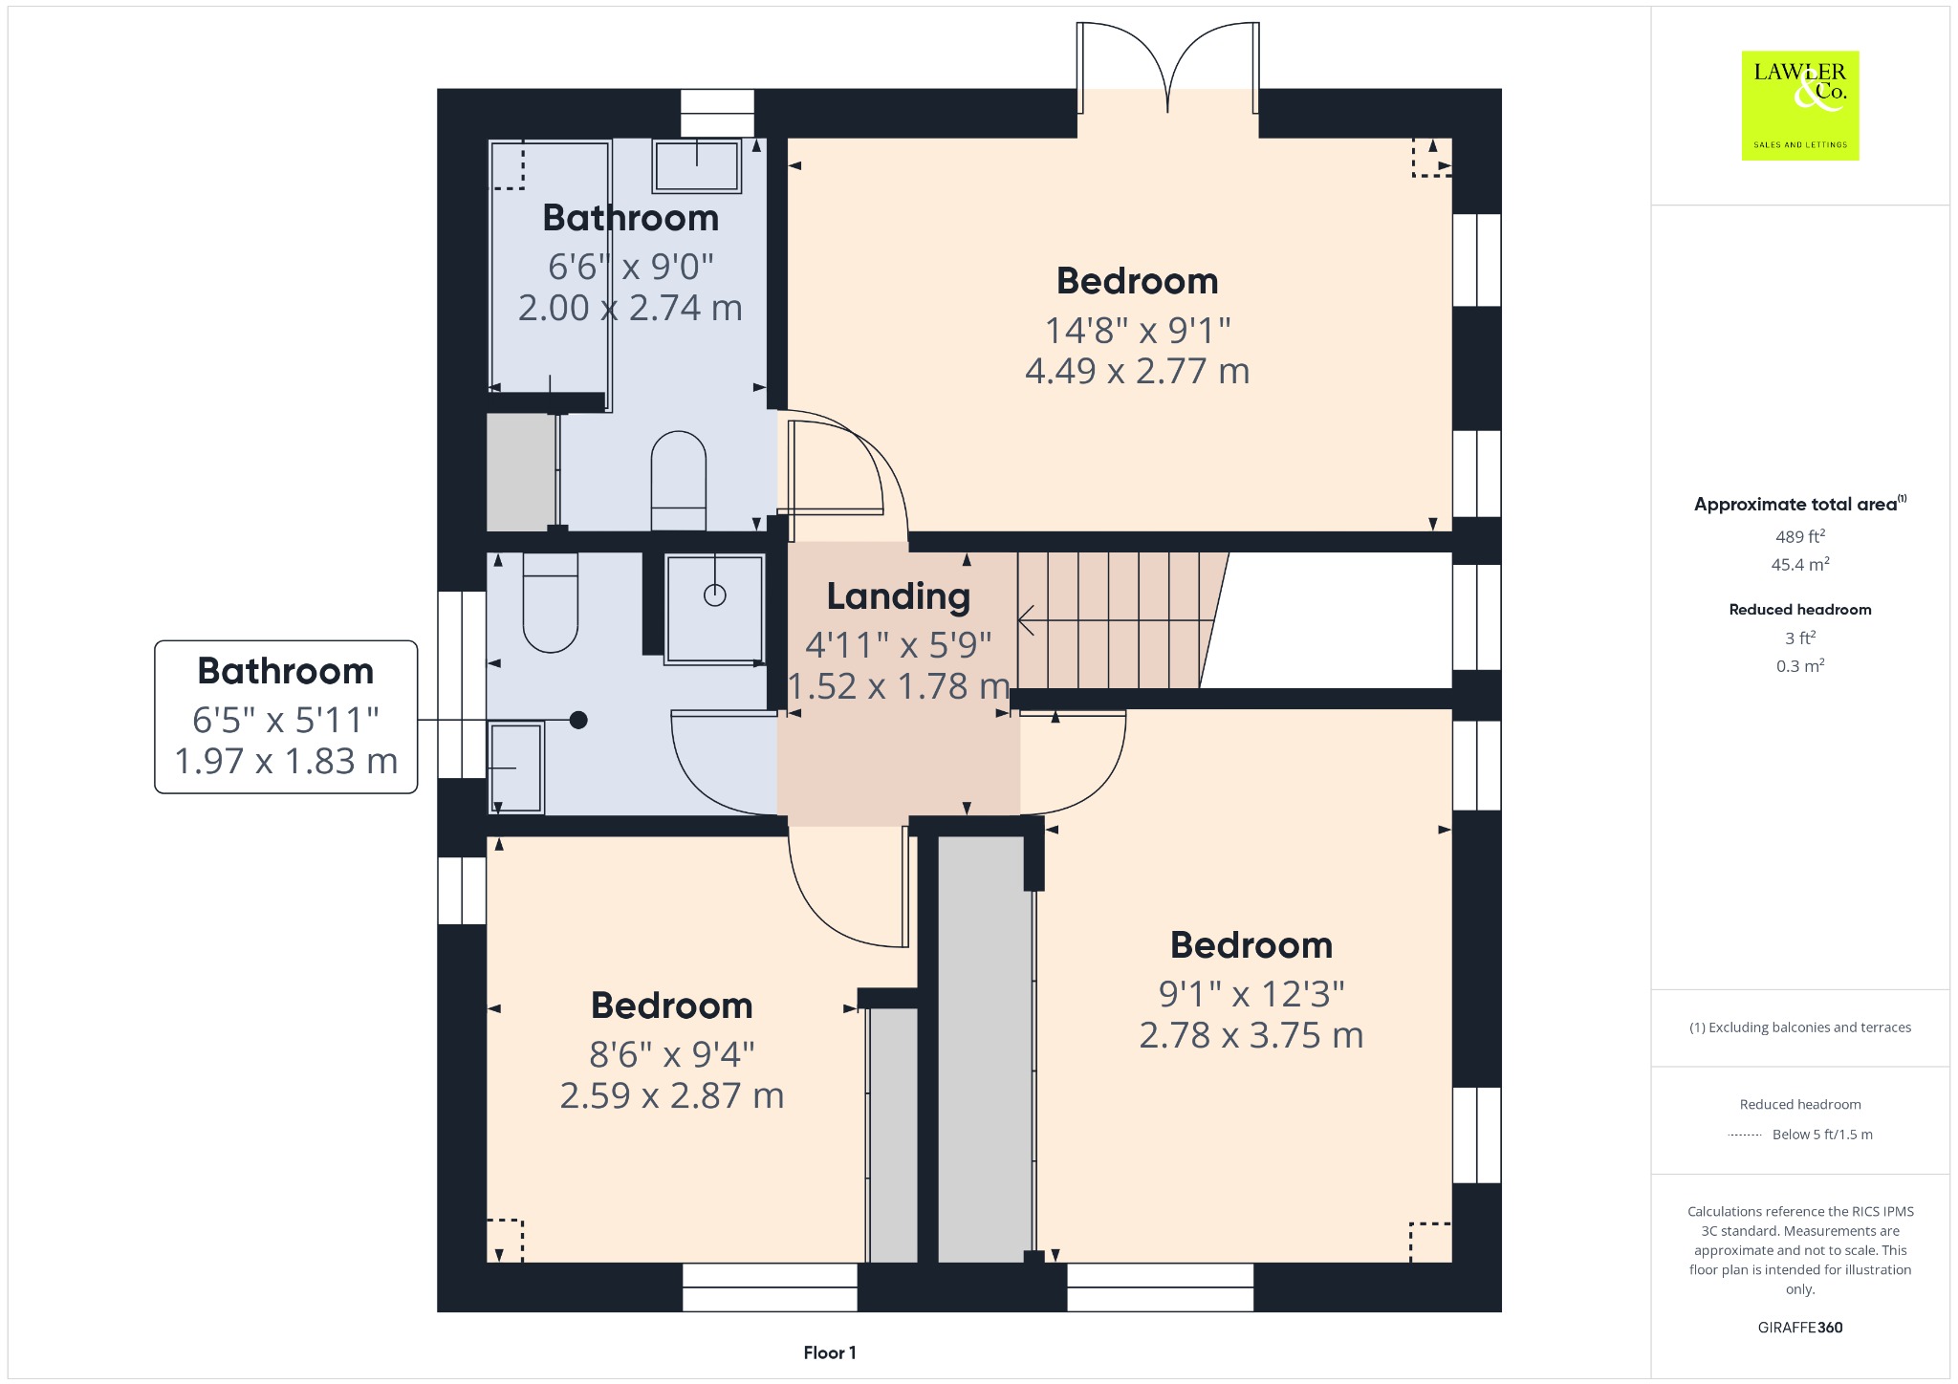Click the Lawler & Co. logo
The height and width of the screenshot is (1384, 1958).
click(x=1800, y=105)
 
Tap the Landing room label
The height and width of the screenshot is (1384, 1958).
click(x=899, y=596)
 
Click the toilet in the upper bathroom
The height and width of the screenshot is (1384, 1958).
click(x=679, y=481)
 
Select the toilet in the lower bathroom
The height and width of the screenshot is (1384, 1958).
click(x=551, y=603)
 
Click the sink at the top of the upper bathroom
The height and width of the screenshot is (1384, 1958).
click(x=697, y=165)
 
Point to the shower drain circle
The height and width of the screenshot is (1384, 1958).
click(x=715, y=595)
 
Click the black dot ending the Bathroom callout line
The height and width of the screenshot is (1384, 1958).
click(x=578, y=720)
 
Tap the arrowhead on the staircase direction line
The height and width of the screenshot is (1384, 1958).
click(x=1025, y=620)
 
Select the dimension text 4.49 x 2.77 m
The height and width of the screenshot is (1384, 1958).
click(x=1138, y=371)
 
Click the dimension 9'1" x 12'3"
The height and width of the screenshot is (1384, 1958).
click(x=1251, y=994)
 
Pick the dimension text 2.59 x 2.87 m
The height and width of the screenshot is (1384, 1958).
click(x=672, y=1095)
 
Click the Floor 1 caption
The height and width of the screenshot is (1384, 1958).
click(x=830, y=1352)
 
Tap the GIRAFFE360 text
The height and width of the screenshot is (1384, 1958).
click(x=1800, y=1327)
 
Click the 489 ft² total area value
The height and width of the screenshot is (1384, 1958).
click(x=1800, y=536)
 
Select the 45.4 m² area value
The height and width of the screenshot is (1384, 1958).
click(x=1800, y=564)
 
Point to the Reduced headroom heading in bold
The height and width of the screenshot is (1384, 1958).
click(x=1800, y=610)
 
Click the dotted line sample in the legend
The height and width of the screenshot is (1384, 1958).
click(x=1745, y=1135)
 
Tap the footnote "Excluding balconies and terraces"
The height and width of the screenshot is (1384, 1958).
click(x=1810, y=1027)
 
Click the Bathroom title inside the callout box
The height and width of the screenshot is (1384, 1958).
click(x=286, y=671)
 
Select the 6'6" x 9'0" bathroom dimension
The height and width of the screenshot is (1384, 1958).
click(x=631, y=267)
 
